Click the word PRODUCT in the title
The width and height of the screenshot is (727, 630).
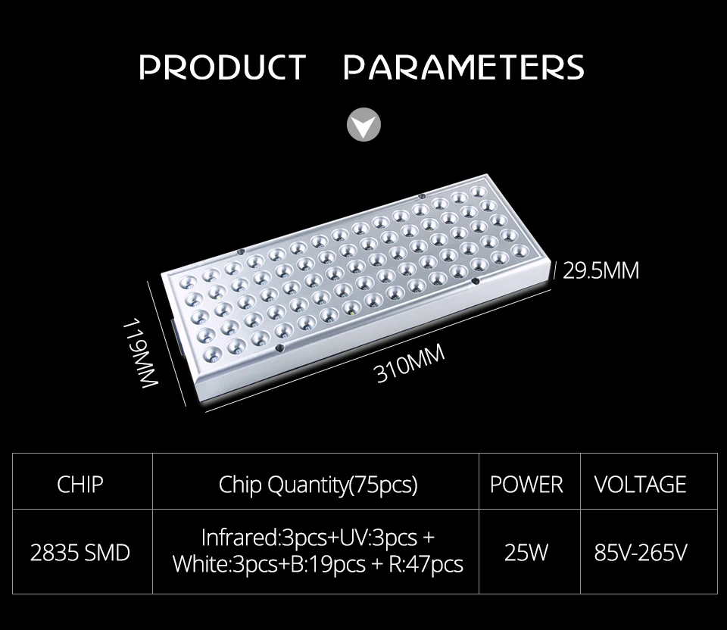point(222,67)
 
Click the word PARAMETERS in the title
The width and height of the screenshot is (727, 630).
point(463,67)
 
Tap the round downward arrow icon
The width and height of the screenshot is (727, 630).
point(363,124)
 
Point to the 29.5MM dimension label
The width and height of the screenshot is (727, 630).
point(601,270)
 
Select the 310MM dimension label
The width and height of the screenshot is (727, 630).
point(410,363)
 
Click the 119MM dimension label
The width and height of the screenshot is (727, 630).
point(144,354)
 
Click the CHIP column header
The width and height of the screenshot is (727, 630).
point(80,484)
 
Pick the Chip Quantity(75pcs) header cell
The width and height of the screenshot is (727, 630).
point(318,485)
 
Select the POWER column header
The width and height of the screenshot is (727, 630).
point(526,485)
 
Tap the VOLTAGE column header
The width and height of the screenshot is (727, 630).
point(640,485)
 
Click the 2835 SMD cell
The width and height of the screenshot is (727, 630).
point(80,553)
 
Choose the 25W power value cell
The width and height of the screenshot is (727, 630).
point(526,553)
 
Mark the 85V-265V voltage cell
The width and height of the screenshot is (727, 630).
point(640,553)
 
